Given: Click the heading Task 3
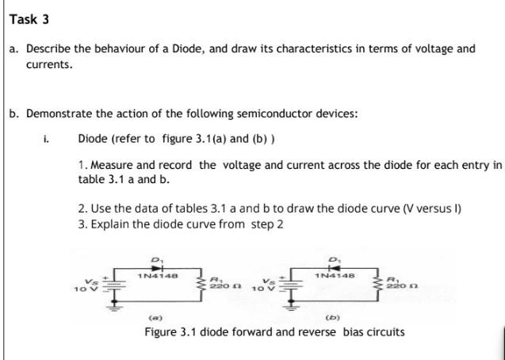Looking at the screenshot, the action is [x=29, y=19].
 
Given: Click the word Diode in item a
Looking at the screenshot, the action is [x=189, y=49].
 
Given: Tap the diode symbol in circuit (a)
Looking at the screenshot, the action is [x=158, y=268].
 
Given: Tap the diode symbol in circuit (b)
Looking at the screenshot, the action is [x=334, y=268].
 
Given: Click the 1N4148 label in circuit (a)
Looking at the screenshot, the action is [x=158, y=276].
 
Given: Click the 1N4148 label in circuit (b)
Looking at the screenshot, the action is [x=335, y=276].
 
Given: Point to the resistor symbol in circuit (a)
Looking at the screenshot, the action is [x=203, y=285].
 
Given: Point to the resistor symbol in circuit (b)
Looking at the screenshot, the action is [x=380, y=285].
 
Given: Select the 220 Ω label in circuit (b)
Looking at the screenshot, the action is [x=402, y=285].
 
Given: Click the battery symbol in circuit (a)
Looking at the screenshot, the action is [x=113, y=285].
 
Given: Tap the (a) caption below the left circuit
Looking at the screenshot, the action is [x=155, y=318].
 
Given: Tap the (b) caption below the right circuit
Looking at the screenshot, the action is [x=333, y=318].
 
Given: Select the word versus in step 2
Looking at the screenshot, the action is [x=432, y=209].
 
